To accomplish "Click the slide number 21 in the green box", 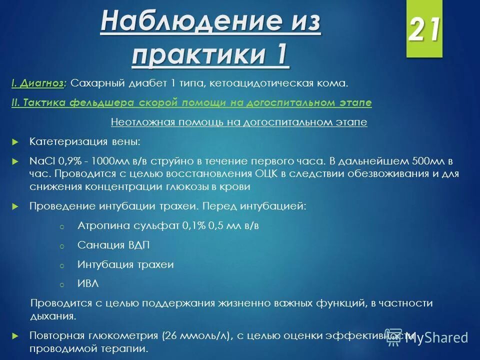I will click(x=424, y=30).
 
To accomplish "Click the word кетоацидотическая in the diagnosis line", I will click(x=255, y=83).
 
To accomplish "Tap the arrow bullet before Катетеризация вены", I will click(x=15, y=142).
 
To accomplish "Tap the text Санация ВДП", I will click(x=113, y=245).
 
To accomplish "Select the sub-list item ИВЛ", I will click(x=88, y=283).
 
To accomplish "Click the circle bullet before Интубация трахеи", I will click(x=62, y=265).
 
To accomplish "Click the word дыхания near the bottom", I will click(x=53, y=316).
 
